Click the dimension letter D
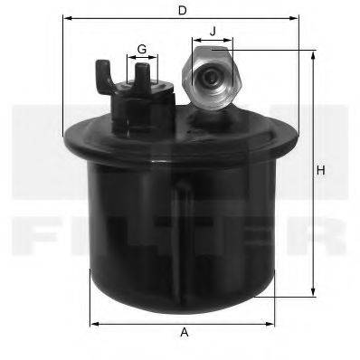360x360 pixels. [182, 10]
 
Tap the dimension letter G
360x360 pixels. [142, 48]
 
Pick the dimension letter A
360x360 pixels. [185, 333]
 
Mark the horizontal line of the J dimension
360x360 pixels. [213, 41]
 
